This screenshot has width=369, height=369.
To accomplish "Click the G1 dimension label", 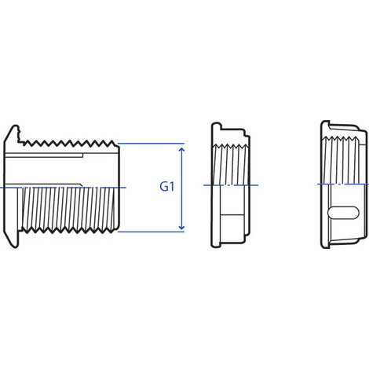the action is tap(167, 187).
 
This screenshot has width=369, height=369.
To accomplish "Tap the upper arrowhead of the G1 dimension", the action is tap(181, 150).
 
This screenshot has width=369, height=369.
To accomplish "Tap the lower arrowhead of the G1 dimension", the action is tap(181, 228).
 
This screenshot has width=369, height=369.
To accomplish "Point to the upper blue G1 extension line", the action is tap(151, 144).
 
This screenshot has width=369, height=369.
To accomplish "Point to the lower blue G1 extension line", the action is tap(151, 232).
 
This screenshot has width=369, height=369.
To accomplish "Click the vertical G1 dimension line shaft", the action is tap(181, 188).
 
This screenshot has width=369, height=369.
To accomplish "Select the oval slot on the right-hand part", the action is tap(343, 213).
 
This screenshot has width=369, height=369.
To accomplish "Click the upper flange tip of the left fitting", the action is tap(15, 126).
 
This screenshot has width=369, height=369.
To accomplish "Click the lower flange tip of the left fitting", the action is tap(15, 247).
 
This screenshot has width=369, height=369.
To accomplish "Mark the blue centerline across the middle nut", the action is tap(231, 185).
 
